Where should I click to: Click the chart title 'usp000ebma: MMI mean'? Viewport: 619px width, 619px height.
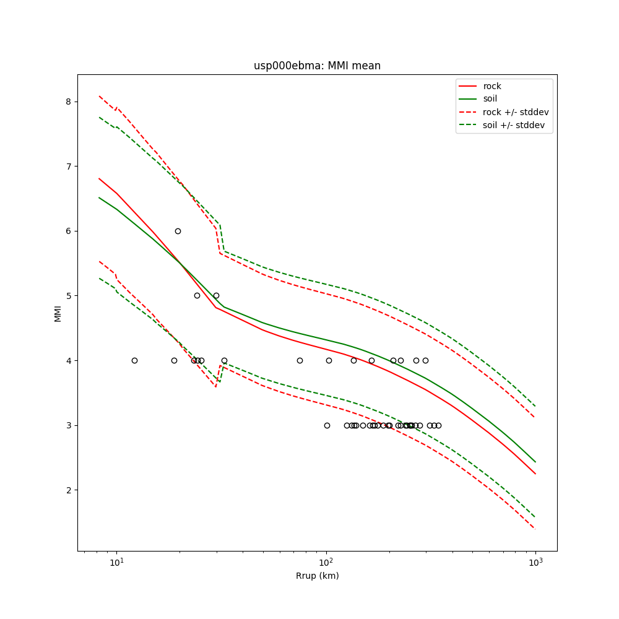click(x=317, y=66)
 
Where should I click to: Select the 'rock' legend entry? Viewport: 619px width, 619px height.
click(x=492, y=86)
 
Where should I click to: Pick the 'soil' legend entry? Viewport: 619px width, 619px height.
click(x=490, y=98)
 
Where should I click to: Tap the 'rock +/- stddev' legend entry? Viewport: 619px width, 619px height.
click(x=516, y=112)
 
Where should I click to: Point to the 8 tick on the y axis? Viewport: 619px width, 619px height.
click(x=69, y=102)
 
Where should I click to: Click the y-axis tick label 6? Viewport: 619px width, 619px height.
click(x=69, y=231)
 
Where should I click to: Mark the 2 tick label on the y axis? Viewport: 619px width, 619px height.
click(x=69, y=490)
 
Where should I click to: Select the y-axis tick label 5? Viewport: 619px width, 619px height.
click(x=69, y=296)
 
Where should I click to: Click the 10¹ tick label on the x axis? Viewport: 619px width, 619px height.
click(x=116, y=563)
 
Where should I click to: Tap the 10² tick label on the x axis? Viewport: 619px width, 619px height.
click(x=326, y=563)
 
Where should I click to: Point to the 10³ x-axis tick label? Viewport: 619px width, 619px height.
click(x=535, y=563)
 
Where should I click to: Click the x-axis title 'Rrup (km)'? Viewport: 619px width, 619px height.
click(x=317, y=576)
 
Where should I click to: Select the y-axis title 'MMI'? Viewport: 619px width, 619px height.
click(x=58, y=313)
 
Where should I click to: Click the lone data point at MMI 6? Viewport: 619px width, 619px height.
click(x=178, y=231)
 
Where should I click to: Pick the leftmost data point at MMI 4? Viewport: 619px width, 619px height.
click(x=134, y=360)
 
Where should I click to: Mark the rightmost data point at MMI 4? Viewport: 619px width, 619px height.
click(x=425, y=360)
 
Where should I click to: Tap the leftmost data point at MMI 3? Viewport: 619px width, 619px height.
click(x=327, y=425)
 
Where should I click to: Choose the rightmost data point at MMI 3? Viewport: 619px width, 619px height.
click(x=438, y=425)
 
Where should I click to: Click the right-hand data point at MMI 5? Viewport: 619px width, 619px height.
click(x=216, y=295)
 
